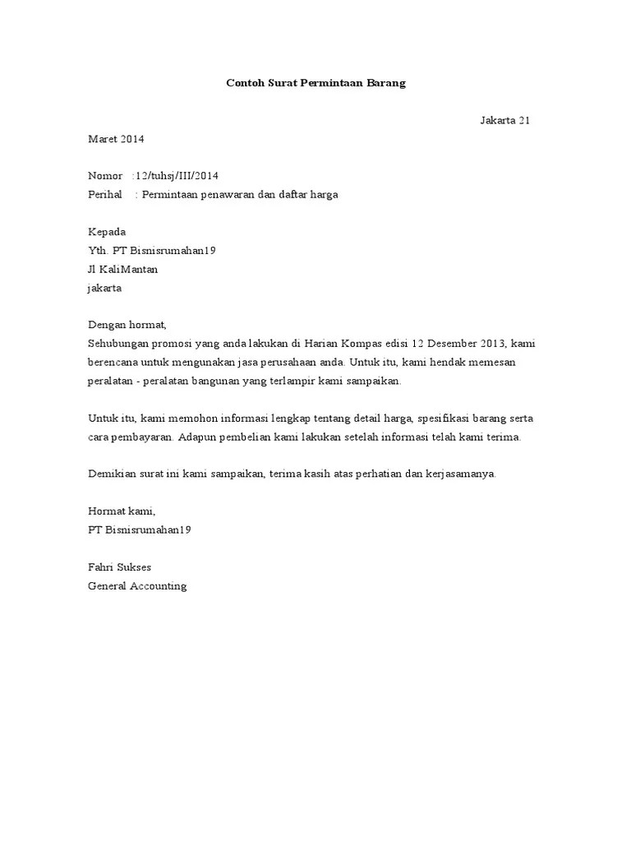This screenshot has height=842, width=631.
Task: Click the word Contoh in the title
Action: point(243,83)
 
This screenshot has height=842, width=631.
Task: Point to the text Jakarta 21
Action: point(504,120)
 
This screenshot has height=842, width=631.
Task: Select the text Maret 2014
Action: point(116,139)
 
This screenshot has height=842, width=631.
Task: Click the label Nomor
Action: point(104,176)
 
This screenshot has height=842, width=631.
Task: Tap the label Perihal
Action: point(105,195)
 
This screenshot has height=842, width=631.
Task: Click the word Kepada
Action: point(107,232)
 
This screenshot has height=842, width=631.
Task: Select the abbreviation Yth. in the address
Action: point(98,250)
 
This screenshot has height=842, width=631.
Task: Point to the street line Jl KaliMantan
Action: point(122,269)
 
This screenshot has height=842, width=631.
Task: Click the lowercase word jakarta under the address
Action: point(104,288)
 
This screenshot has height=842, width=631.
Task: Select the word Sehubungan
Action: point(117,343)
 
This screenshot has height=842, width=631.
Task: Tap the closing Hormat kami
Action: point(121,511)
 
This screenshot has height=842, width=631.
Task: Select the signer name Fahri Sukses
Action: point(119,567)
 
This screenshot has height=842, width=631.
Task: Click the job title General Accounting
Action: point(137,586)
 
